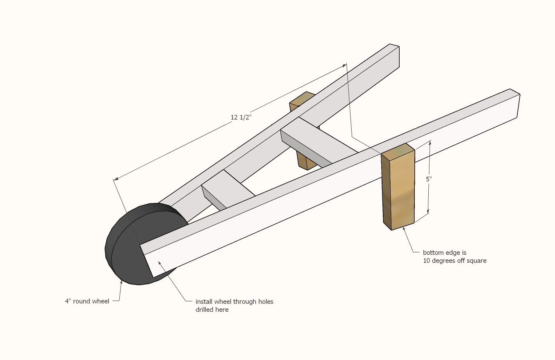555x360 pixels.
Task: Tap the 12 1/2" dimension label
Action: [241, 117]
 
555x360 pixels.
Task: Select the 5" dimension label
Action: [429, 179]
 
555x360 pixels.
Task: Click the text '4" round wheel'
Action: [87, 301]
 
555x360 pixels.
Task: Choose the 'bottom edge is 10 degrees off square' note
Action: [455, 257]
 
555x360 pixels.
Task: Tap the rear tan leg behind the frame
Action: [304, 131]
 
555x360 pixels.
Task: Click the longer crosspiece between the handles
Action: [318, 141]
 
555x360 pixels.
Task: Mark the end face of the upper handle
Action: [394, 55]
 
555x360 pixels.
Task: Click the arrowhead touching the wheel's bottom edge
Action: [121, 282]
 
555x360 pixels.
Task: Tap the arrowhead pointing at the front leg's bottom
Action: [404, 229]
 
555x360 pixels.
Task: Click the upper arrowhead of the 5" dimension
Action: [430, 142]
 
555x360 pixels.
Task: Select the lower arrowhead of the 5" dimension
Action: [428, 211]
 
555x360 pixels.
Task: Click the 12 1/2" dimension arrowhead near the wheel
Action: [116, 178]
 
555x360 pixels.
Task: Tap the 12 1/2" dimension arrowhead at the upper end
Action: [344, 66]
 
